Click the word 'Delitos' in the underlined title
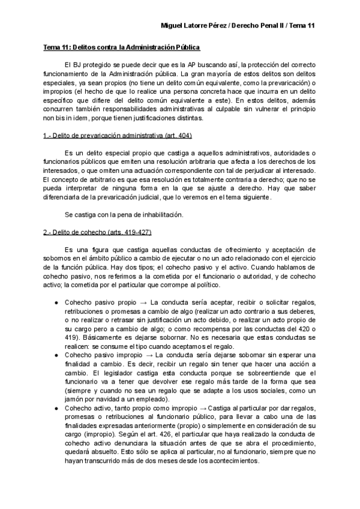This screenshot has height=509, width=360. tap(85, 46)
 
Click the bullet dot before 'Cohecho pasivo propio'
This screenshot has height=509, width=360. tap(56, 302)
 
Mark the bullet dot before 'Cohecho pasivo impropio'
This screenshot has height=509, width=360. tap(56, 355)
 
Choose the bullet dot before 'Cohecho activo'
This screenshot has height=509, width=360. tap(56, 408)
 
